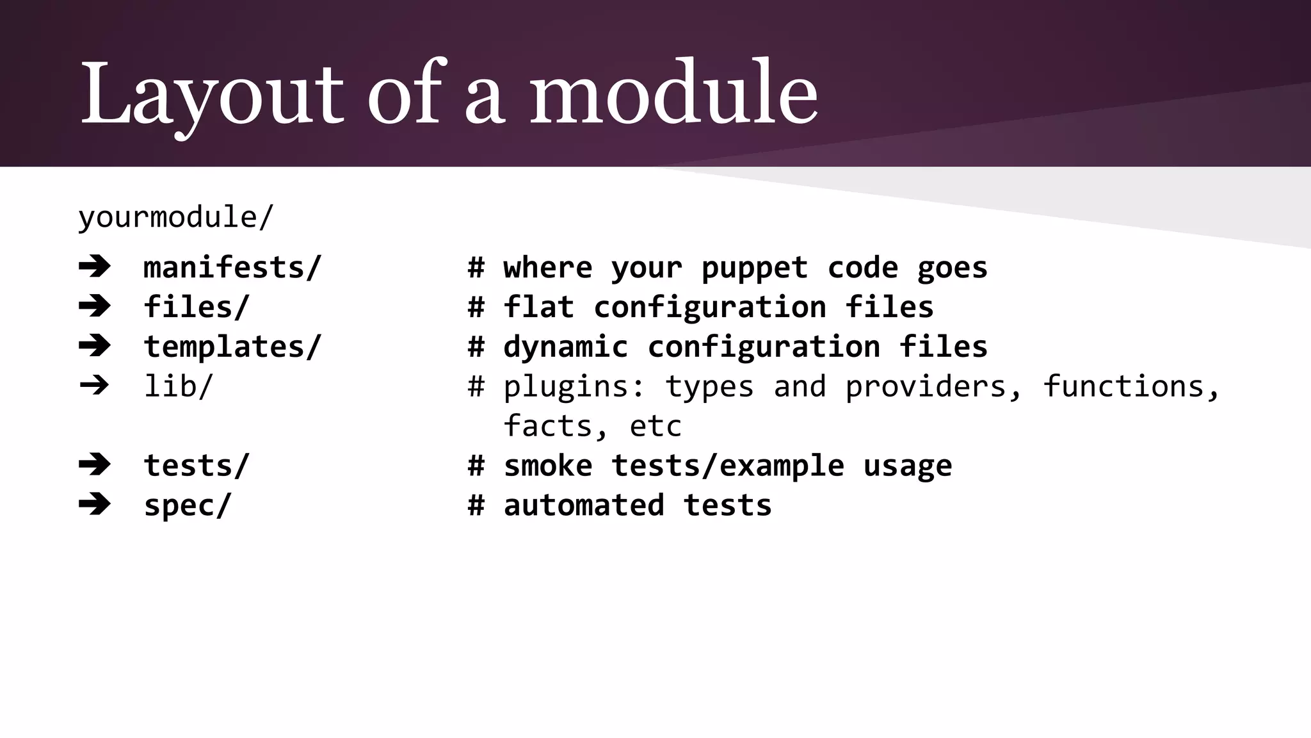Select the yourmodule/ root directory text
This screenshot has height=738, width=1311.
[175, 217]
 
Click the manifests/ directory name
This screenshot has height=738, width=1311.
[232, 267]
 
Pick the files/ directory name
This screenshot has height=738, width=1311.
[196, 307]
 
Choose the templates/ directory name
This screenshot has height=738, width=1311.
[232, 347]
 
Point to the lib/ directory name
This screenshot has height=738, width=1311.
[178, 386]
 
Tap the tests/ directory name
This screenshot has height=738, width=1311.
[196, 465]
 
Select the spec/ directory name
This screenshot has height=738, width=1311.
[187, 505]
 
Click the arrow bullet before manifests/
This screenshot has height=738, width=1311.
[95, 266]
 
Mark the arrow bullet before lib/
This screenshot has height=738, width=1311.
[95, 386]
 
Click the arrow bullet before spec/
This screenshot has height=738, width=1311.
[95, 504]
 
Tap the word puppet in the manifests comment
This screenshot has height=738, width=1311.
[755, 268]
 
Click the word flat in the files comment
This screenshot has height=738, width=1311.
[538, 307]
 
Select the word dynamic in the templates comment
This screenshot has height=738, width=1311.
[565, 347]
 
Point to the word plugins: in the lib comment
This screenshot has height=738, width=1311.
[574, 387]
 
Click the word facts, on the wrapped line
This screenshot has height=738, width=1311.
[556, 427]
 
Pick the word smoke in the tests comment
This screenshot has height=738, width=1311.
[547, 466]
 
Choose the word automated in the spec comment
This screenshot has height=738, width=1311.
[583, 505]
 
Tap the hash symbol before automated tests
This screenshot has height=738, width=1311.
[476, 505]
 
